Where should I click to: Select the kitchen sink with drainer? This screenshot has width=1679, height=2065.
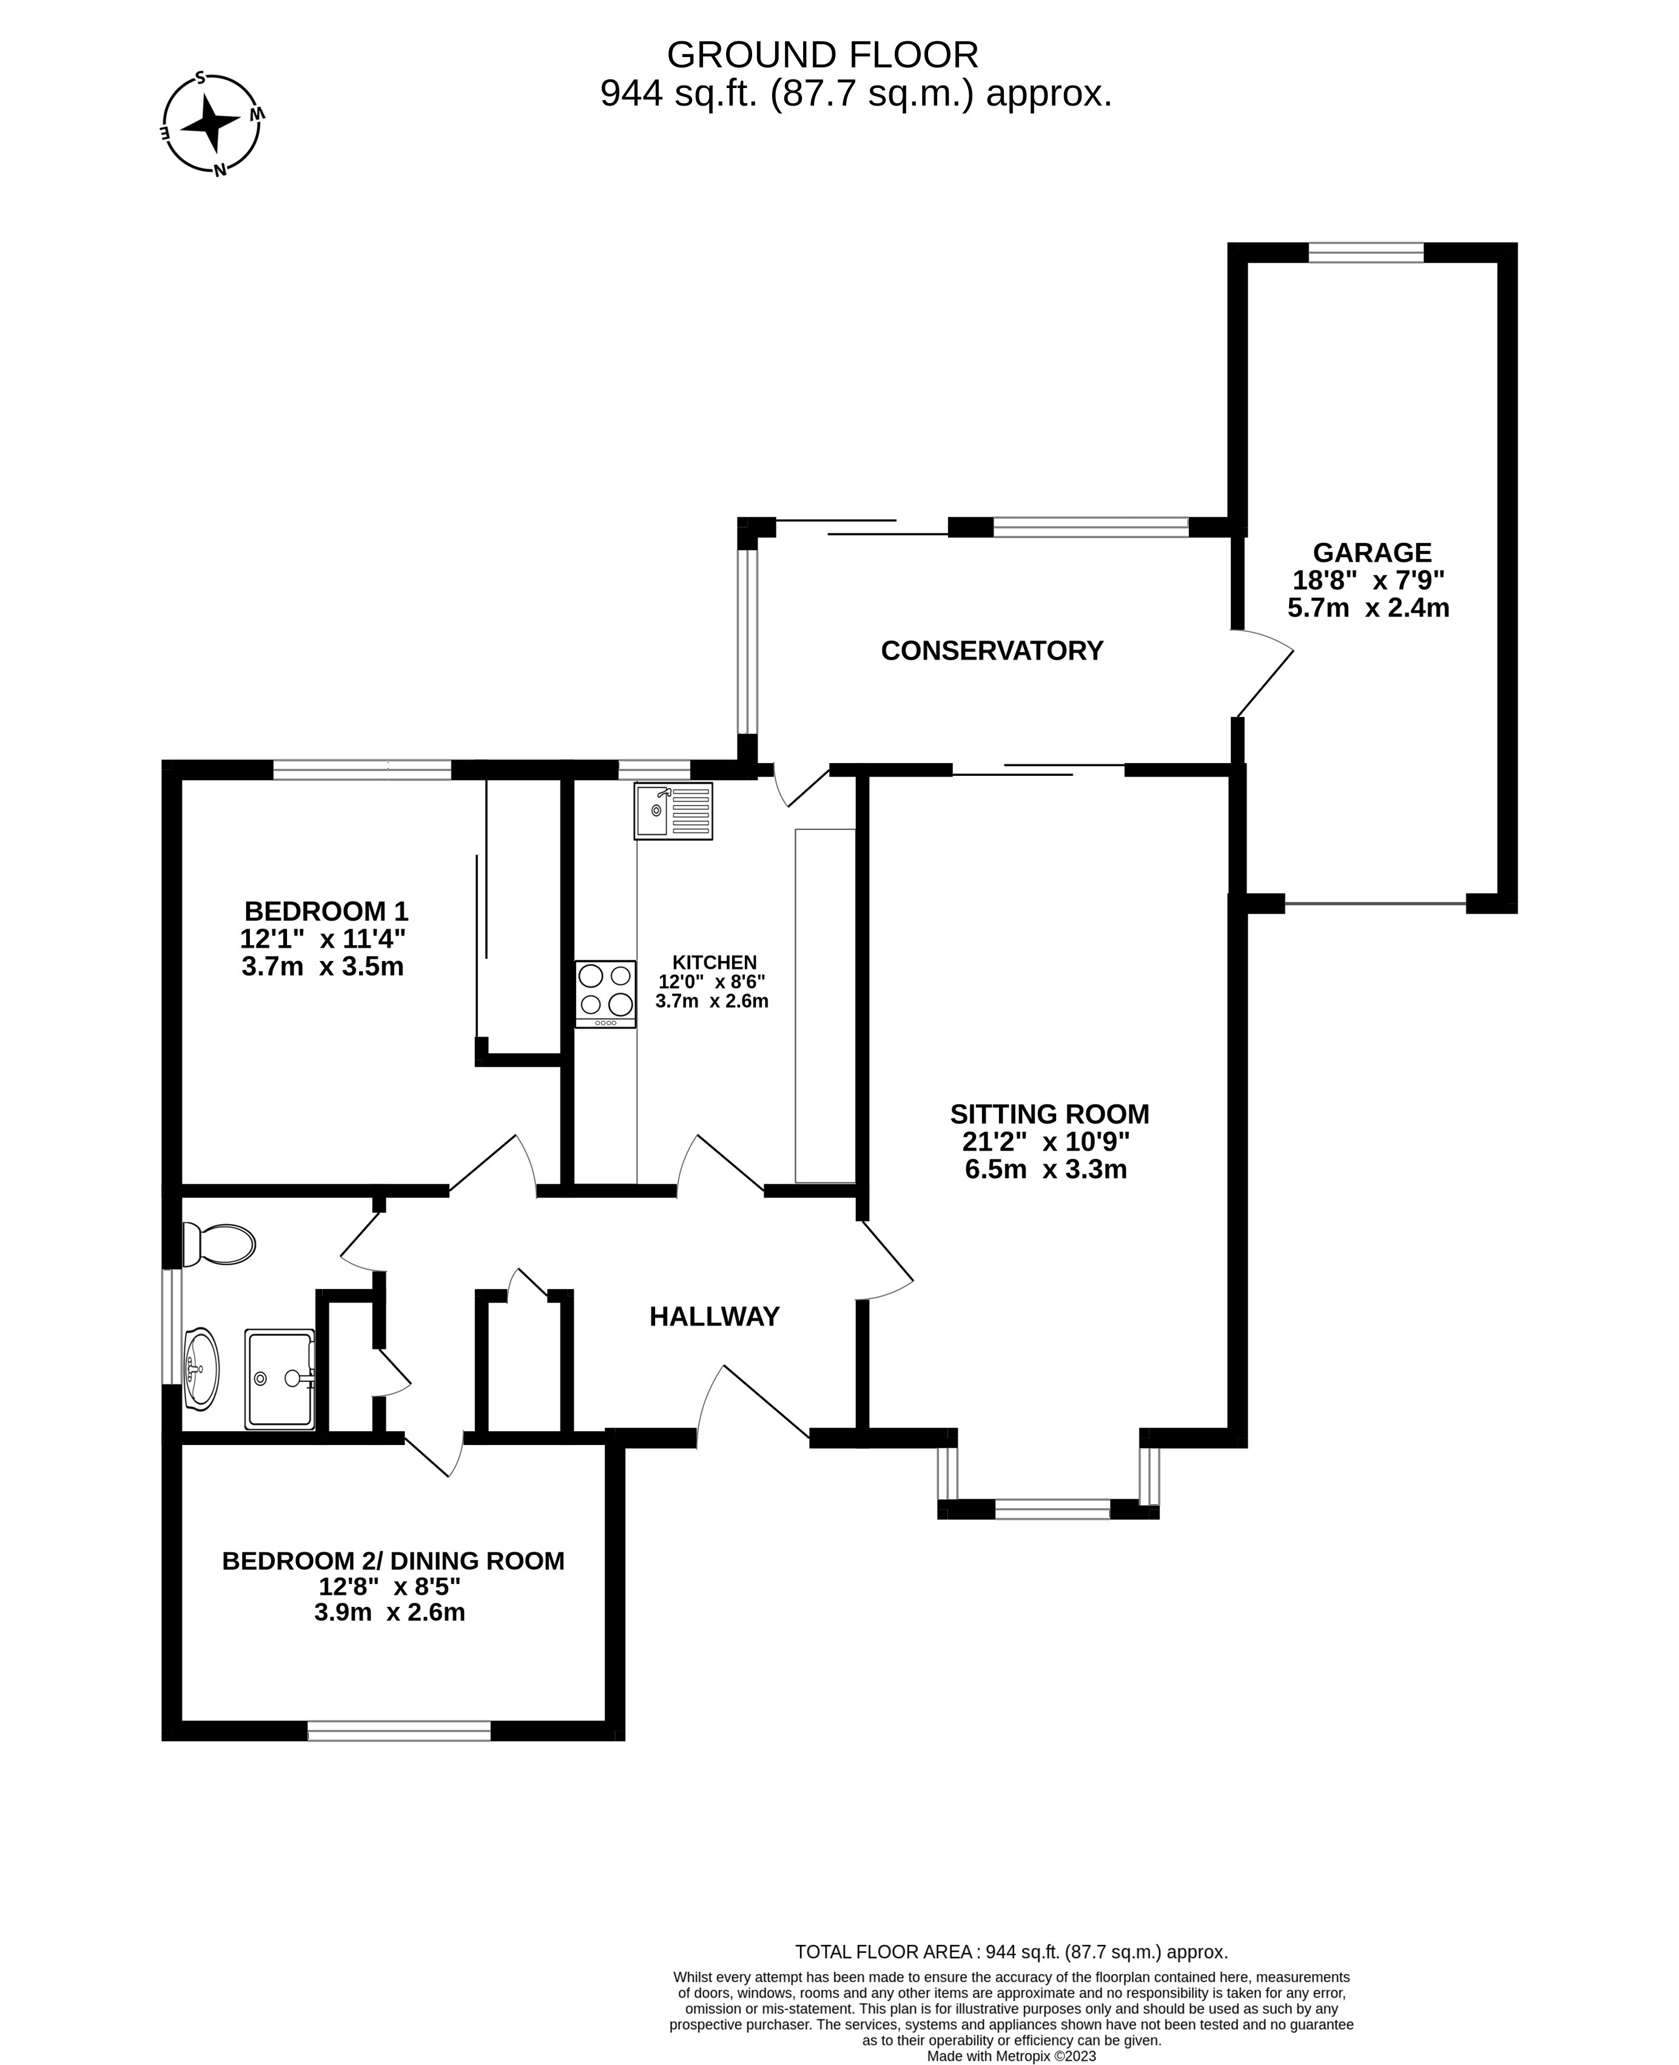point(673,810)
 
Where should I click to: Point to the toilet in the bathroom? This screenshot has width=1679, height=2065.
point(221,1244)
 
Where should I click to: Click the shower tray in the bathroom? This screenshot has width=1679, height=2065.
point(280,1378)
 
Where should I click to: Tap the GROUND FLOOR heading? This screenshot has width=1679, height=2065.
point(822,55)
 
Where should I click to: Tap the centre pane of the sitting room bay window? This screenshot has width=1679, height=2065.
point(1052,1509)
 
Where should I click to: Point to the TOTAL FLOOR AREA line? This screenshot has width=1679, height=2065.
point(1011,1952)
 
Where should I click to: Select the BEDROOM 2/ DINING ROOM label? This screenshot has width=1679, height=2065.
point(392,1561)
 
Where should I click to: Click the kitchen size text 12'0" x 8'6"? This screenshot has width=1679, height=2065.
point(712,981)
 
